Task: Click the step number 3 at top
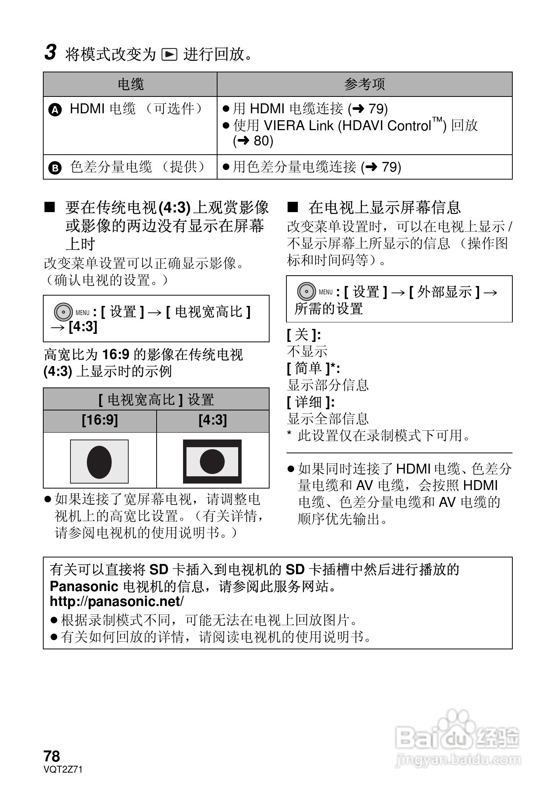pos(51,52)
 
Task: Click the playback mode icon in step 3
pos(170,55)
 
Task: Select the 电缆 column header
pos(130,84)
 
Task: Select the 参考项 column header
pos(364,84)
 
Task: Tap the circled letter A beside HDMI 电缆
pos(55,110)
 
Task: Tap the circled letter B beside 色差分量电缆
pos(55,168)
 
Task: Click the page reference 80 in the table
pos(263,141)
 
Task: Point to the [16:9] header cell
pos(100,420)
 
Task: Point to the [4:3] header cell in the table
pos(213,420)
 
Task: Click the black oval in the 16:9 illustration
pos(99,462)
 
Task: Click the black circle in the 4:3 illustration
pos(212,461)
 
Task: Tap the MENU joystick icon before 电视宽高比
pos(63,312)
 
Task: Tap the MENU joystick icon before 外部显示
pos(306,292)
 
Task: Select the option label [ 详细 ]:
pos(311,402)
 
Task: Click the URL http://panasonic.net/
pos(116,601)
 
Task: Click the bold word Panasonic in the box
pos(84,586)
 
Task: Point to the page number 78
pos(52,757)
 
